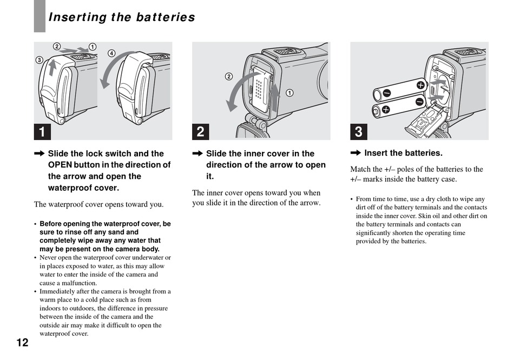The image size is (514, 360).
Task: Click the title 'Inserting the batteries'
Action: point(122,17)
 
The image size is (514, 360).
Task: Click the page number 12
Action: point(22,342)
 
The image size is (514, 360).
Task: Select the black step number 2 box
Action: point(200,131)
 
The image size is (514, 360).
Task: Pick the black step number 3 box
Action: point(358,131)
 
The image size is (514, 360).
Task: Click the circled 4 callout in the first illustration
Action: point(111,53)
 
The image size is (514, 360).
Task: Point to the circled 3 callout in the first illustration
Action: point(39,59)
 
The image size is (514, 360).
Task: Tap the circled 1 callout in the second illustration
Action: point(290,92)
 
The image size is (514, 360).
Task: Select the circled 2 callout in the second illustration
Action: point(229,76)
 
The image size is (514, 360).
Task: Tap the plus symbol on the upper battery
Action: point(420,84)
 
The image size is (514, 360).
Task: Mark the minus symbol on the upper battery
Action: point(386,94)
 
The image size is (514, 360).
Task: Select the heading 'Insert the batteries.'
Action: point(403,153)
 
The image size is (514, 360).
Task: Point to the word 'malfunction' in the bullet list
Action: point(75,283)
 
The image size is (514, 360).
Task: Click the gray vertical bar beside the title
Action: point(39,16)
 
